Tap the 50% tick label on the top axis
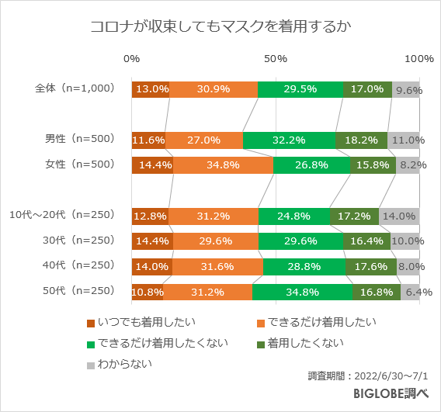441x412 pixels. pos(276,59)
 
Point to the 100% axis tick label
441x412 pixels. pos(419,59)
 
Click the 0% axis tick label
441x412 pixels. pos(132,59)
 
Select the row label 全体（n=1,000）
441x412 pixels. pos(75,89)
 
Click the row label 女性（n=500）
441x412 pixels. pos(79,164)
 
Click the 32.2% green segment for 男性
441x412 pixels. pos(289,140)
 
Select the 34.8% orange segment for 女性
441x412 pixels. pos(223,164)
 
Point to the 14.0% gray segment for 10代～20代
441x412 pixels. pos(399,216)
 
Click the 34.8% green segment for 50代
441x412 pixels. pos(302,292)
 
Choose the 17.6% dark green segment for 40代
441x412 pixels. pos(371,267)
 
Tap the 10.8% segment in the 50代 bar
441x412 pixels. pos(148,292)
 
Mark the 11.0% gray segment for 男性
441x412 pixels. pos(404,140)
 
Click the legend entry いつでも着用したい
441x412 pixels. pos(141,322)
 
